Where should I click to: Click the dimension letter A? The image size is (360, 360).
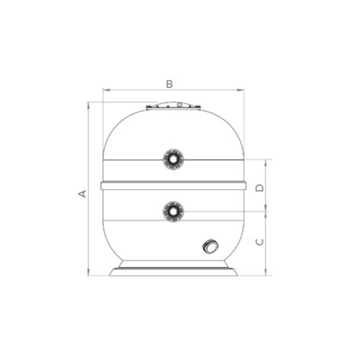pyautogui.click(x=82, y=193)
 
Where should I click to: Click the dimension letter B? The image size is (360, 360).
pyautogui.click(x=170, y=84)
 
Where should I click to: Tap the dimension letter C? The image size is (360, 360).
pyautogui.click(x=260, y=242)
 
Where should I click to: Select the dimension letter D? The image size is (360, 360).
pyautogui.click(x=260, y=188)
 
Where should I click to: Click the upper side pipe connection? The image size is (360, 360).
pyautogui.click(x=173, y=159)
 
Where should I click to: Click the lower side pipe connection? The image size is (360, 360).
pyautogui.click(x=173, y=211)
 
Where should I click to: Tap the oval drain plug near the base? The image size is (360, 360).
pyautogui.click(x=210, y=246)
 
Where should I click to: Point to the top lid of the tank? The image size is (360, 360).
pyautogui.click(x=174, y=106)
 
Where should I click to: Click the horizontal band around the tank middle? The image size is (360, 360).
pyautogui.click(x=173, y=185)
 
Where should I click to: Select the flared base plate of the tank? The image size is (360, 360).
pyautogui.click(x=173, y=272)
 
